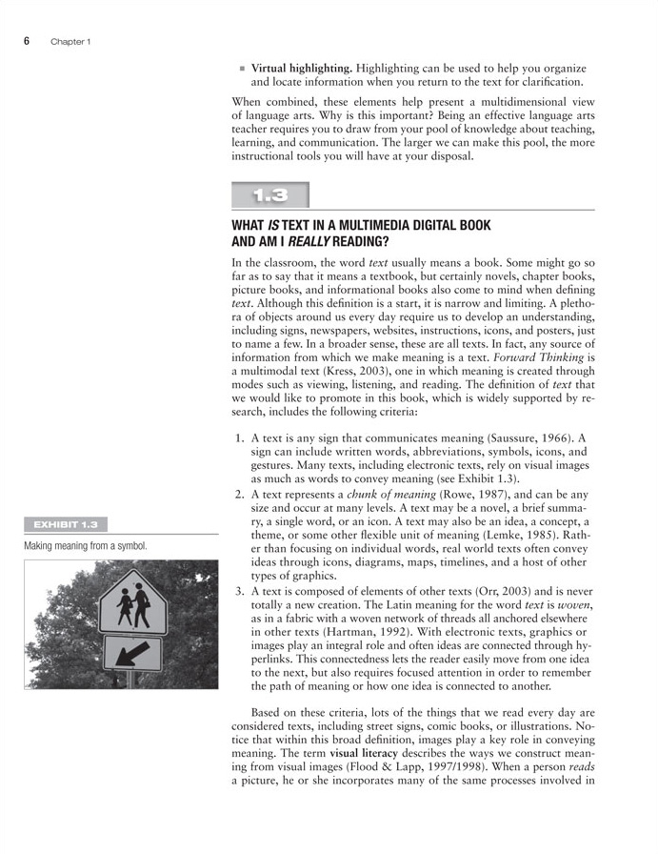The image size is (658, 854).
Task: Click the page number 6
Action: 28,41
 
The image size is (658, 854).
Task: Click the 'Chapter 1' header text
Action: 70,42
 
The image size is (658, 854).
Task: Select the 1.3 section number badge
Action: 270,196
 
